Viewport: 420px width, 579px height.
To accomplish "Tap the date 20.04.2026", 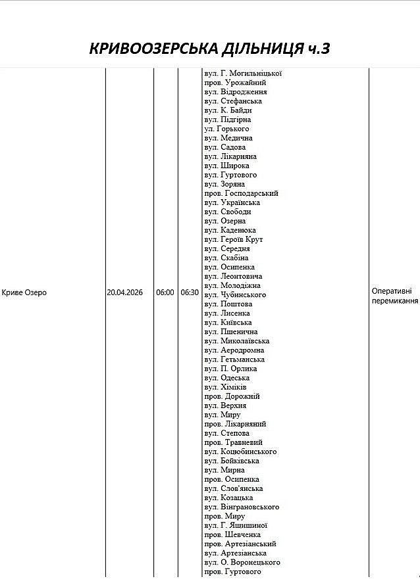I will pyautogui.click(x=125, y=292).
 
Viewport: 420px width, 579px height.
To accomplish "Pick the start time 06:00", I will pyautogui.click(x=165, y=292).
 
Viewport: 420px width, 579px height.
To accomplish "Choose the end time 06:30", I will pyautogui.click(x=190, y=292).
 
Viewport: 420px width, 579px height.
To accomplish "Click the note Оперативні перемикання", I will pyautogui.click(x=394, y=296).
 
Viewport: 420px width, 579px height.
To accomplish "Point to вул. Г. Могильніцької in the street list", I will pyautogui.click(x=243, y=74).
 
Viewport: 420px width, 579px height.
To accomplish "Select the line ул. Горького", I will pyautogui.click(x=226, y=129).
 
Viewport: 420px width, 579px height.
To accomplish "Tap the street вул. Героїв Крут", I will pyautogui.click(x=233, y=239).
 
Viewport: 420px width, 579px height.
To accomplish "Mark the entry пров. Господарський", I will pyautogui.click(x=241, y=193).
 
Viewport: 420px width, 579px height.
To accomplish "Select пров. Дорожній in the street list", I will pyautogui.click(x=232, y=396).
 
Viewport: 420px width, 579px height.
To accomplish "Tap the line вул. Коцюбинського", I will pyautogui.click(x=240, y=452).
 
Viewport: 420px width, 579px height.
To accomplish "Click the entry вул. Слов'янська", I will pyautogui.click(x=233, y=488).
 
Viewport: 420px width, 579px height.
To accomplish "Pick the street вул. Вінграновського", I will pyautogui.click(x=242, y=507).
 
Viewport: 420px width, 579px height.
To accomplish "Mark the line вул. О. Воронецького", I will pyautogui.click(x=242, y=562).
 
